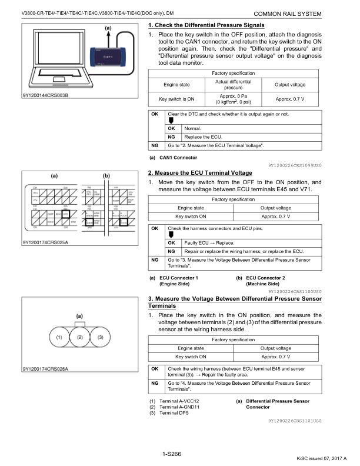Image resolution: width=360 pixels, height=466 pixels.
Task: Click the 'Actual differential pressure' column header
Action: [233, 84]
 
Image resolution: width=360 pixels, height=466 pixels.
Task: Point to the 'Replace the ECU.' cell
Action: [203, 137]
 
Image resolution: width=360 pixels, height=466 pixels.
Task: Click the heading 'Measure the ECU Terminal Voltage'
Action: [200, 172]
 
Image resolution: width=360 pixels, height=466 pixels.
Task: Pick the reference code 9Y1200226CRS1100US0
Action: [295, 291]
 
